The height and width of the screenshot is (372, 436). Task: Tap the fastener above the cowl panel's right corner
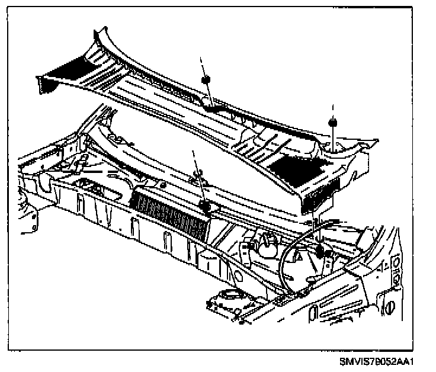[x=332, y=123]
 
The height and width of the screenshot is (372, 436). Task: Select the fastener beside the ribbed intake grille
[x=206, y=206]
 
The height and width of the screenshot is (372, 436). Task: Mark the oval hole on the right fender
[x=390, y=307]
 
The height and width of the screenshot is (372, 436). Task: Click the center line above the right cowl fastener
[x=332, y=110]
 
